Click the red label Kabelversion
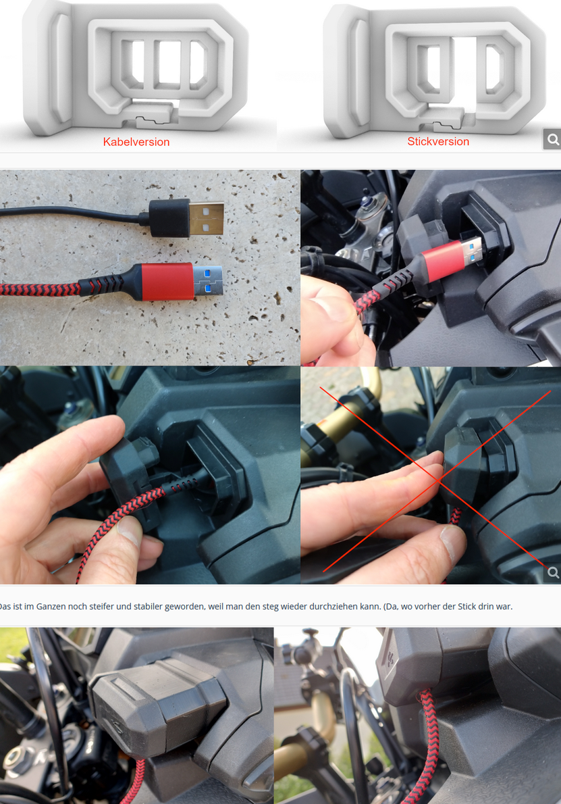tap(136, 142)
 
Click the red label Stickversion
tap(438, 141)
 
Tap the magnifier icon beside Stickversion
tap(552, 139)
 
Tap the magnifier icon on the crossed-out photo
tap(552, 572)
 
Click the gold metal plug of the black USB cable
tap(207, 219)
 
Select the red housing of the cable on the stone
tap(167, 282)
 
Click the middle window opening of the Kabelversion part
tap(169, 61)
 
